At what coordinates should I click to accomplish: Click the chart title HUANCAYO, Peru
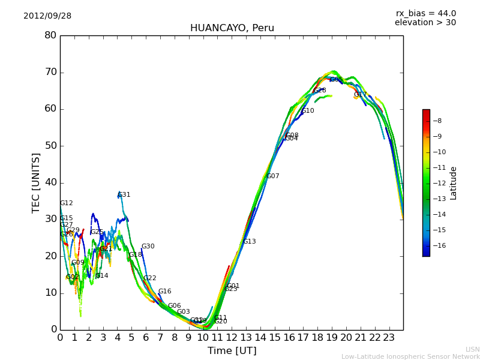(232, 28)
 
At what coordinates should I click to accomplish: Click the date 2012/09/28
(47, 16)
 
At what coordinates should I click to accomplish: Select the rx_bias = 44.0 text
(425, 14)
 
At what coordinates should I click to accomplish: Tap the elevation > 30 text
(425, 23)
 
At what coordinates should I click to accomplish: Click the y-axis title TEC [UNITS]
(36, 182)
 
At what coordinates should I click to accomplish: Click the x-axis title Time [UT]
(232, 350)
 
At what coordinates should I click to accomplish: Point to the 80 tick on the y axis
(50, 35)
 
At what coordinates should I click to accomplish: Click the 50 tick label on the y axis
(50, 146)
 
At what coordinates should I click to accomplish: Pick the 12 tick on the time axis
(232, 337)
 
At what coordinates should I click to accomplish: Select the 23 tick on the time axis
(389, 337)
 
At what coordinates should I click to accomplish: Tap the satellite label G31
(124, 195)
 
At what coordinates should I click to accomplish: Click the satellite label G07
(273, 176)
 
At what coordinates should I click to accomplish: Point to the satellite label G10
(308, 111)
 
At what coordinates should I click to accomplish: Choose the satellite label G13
(249, 242)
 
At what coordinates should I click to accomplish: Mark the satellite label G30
(148, 247)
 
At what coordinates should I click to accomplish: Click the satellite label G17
(360, 95)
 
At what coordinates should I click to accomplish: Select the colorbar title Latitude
(454, 183)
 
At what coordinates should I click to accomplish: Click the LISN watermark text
(472, 349)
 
